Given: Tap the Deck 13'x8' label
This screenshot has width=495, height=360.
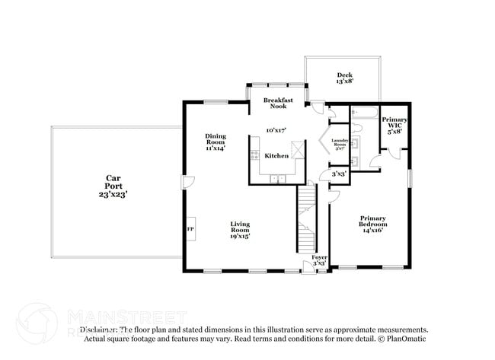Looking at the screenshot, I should (344, 78).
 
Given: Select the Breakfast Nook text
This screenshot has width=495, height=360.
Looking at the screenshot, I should (279, 104).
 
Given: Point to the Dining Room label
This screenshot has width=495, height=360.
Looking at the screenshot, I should (216, 142).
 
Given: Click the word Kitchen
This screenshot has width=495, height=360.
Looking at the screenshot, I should (276, 155).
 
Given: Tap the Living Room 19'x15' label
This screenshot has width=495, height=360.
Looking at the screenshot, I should (241, 230).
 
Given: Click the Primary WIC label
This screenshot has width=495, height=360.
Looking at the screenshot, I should (394, 125).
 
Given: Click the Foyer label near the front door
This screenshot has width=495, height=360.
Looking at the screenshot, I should (320, 260).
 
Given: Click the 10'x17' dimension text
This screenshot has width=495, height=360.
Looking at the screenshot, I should (276, 130).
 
